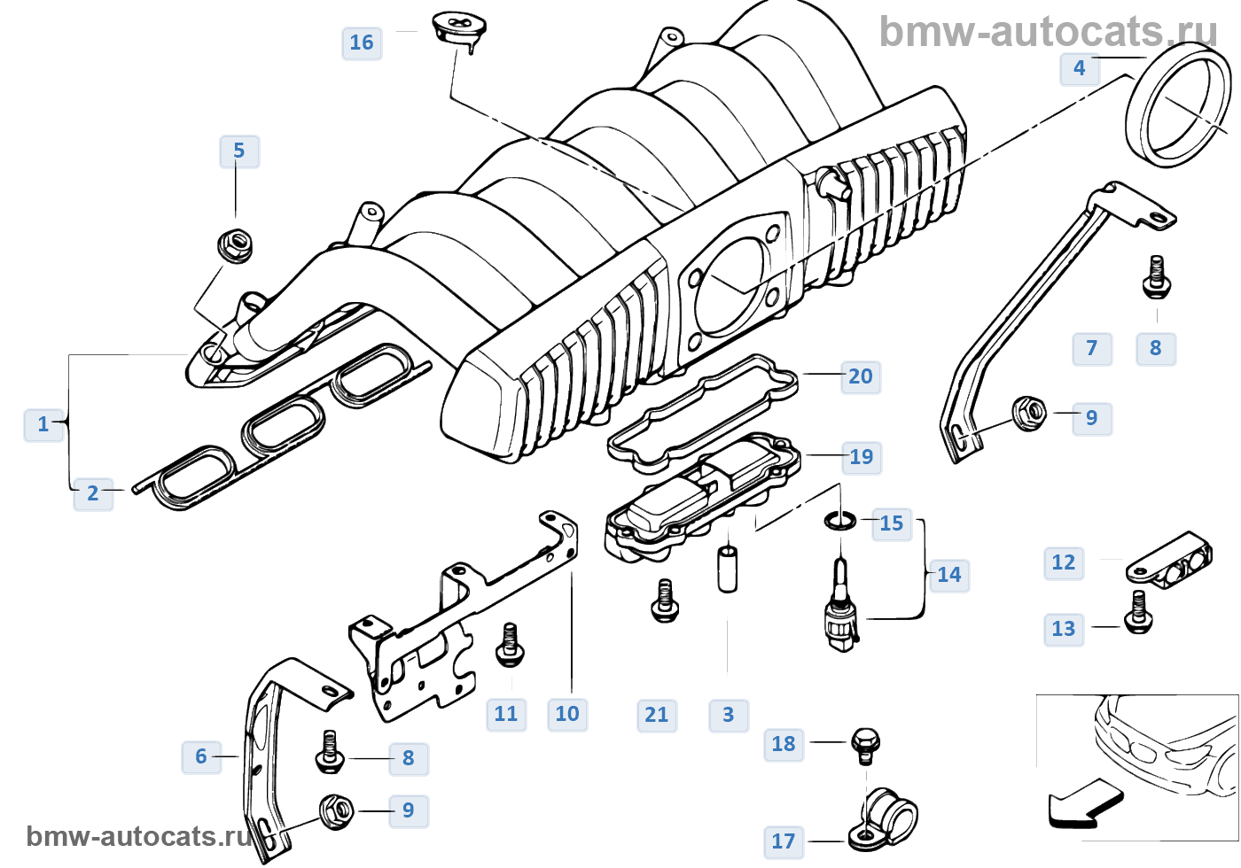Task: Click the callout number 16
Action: click(x=362, y=43)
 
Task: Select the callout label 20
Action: click(x=860, y=376)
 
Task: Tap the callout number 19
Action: click(x=861, y=457)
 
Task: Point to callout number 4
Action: click(x=1079, y=68)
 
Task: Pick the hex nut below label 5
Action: click(x=235, y=244)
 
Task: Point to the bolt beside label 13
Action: click(x=1138, y=611)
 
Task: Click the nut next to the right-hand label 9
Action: click(x=1029, y=413)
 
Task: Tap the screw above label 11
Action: click(x=510, y=644)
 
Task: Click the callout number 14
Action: click(x=948, y=575)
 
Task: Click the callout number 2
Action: click(x=93, y=493)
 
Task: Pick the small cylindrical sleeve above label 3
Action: click(x=728, y=569)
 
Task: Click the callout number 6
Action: click(x=201, y=756)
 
